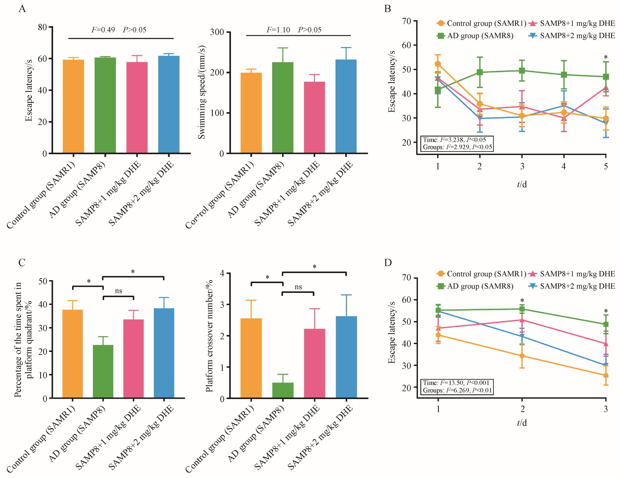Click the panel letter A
(x=22, y=9)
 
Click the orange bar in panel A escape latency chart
(x=73, y=106)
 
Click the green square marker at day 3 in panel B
(x=522, y=71)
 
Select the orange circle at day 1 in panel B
(x=438, y=64)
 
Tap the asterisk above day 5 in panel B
(x=606, y=58)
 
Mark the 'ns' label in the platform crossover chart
(x=298, y=287)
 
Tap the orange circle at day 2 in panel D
(x=522, y=356)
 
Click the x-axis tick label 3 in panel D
(x=606, y=409)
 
